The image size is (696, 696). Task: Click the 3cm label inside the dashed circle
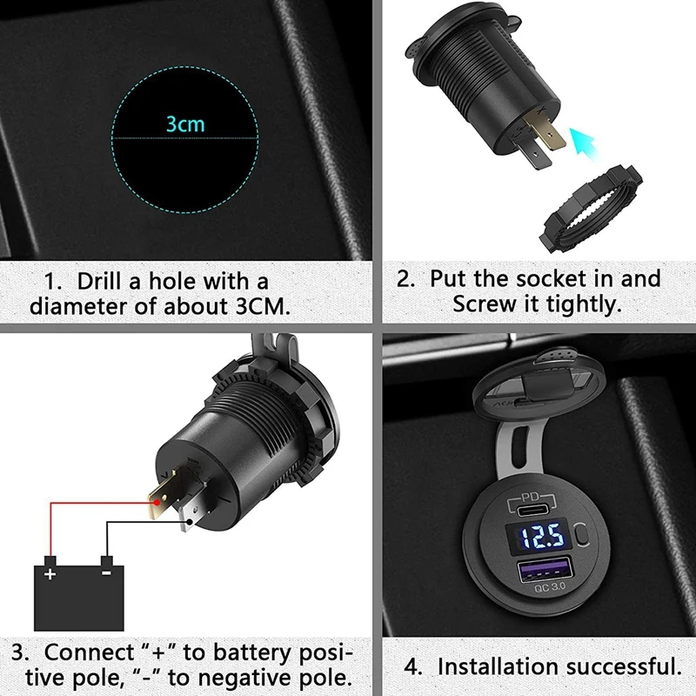185,124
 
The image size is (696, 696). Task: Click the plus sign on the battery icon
50,575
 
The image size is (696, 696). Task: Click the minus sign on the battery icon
105,575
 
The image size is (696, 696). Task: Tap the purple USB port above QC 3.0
532,571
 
